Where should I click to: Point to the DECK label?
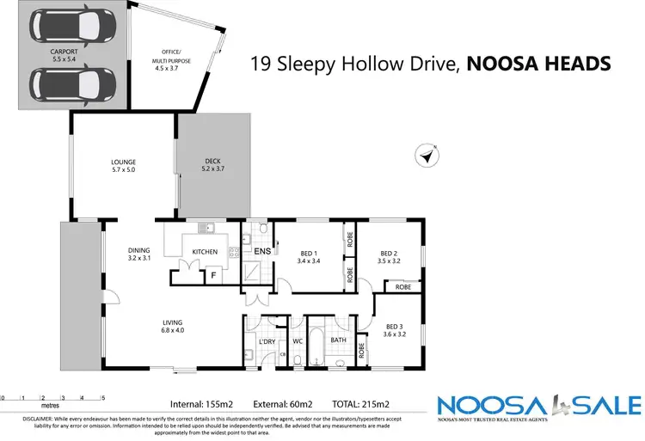pos(212,162)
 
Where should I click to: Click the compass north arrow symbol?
pos(425,156)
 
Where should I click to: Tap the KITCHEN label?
pos(205,252)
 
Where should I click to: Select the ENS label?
pos(262,252)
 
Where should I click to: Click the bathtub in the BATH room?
pos(317,345)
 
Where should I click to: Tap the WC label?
pos(297,340)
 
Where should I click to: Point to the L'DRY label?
pos(266,341)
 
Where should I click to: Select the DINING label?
pos(139,250)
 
